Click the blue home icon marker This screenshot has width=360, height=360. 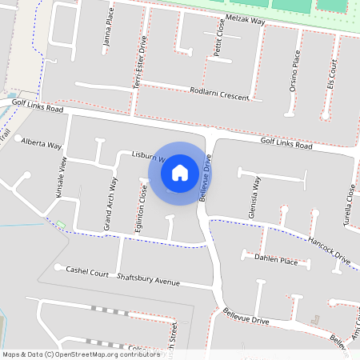(180, 173)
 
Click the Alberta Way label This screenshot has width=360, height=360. (42, 144)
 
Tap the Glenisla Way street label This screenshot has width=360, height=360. (255, 198)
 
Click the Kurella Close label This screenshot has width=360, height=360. (350, 204)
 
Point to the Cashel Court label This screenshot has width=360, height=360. (87, 272)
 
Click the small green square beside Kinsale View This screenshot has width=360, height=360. (60, 223)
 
